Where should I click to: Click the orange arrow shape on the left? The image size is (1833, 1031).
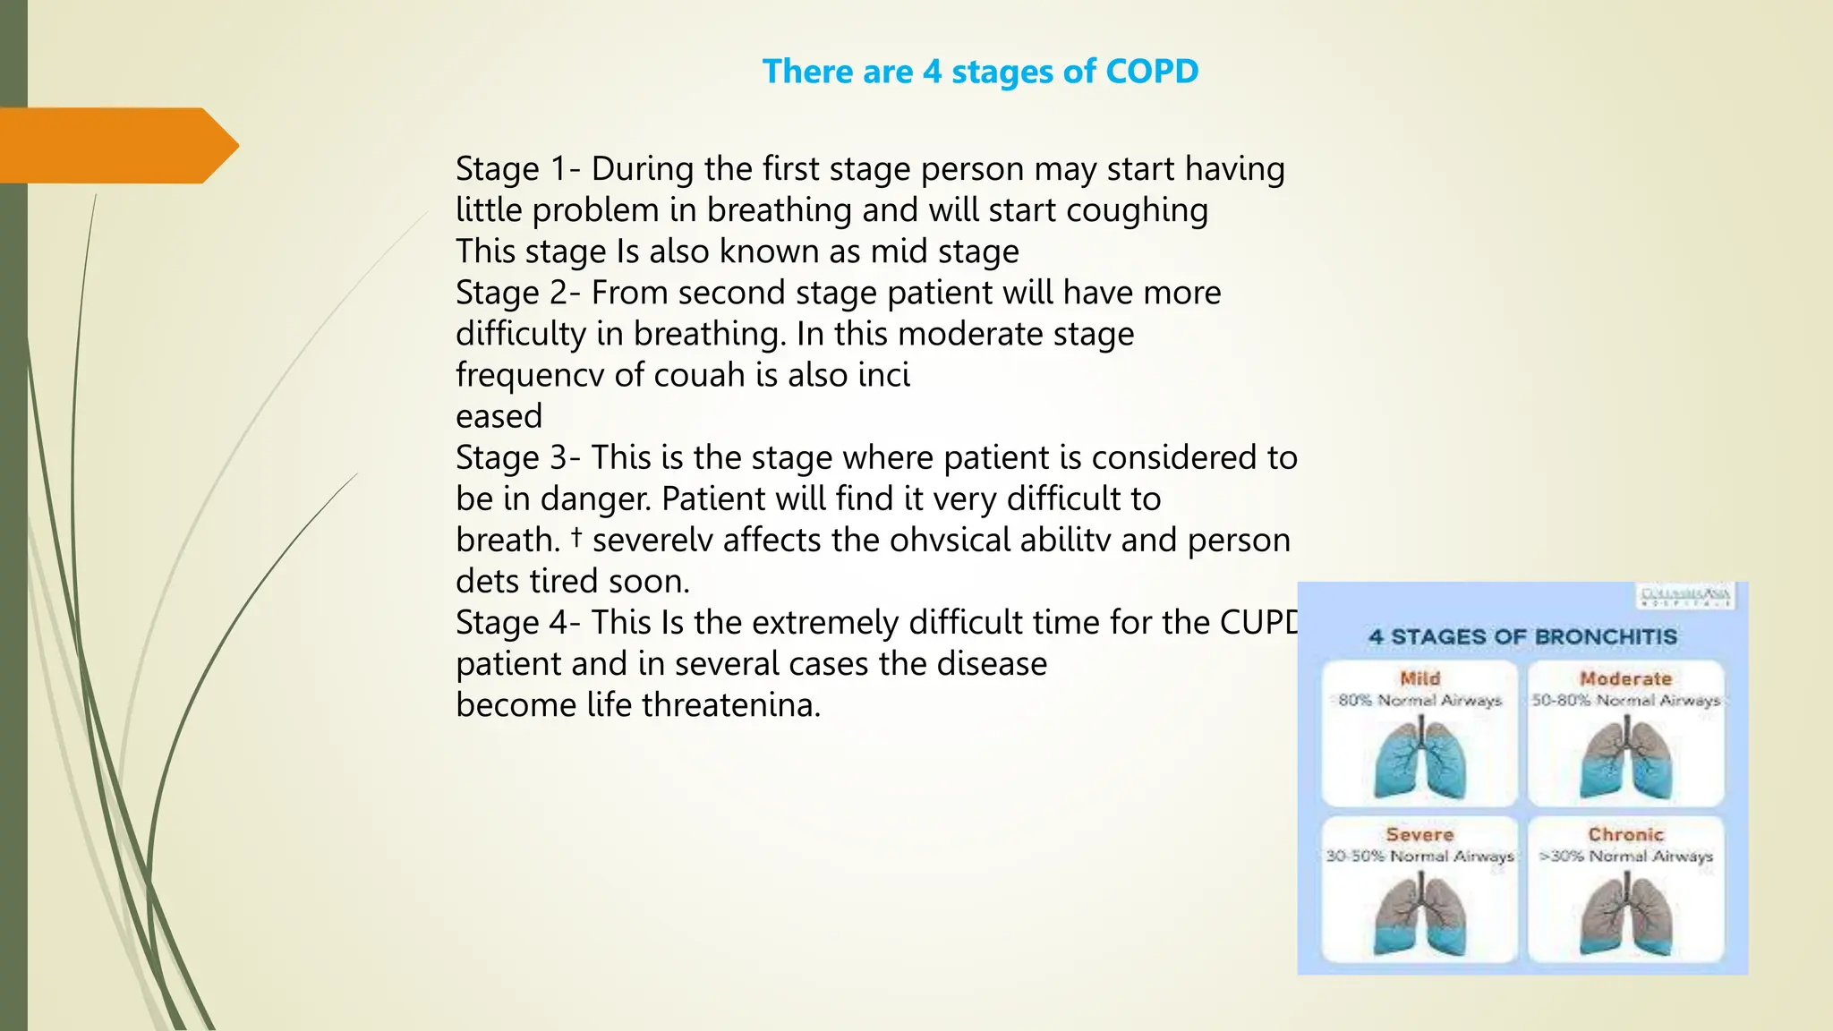[116, 146]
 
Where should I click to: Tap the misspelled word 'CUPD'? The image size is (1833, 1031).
[1258, 622]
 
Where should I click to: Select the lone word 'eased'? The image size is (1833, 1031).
[499, 416]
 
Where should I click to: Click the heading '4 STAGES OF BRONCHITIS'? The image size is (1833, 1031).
[1522, 637]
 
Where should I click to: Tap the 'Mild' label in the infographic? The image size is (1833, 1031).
[1420, 678]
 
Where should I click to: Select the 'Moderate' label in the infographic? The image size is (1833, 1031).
[1625, 678]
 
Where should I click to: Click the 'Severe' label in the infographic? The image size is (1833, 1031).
[1420, 834]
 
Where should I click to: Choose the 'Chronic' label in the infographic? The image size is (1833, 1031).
[1625, 834]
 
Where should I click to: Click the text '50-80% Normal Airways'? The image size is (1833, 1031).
[1625, 700]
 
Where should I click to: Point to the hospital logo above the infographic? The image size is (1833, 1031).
[1686, 596]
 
